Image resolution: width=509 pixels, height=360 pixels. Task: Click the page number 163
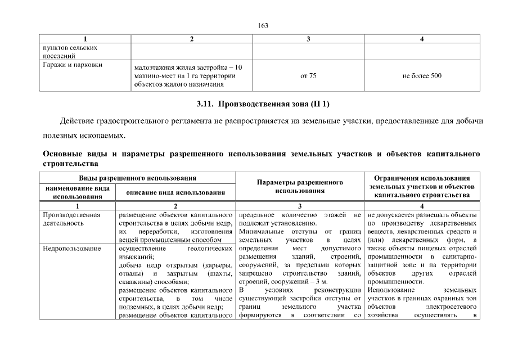tap(263, 25)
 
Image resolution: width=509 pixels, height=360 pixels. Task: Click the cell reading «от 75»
tap(308, 75)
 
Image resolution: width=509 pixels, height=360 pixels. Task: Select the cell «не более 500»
tap(422, 75)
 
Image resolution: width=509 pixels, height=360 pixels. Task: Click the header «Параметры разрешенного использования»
tap(300, 187)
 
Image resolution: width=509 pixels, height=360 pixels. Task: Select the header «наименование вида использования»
tap(78, 192)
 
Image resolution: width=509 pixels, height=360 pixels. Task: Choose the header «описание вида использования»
tap(176, 192)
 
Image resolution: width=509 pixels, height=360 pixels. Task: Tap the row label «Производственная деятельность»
tap(71, 219)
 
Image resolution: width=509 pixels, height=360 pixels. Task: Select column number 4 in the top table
tap(422, 39)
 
